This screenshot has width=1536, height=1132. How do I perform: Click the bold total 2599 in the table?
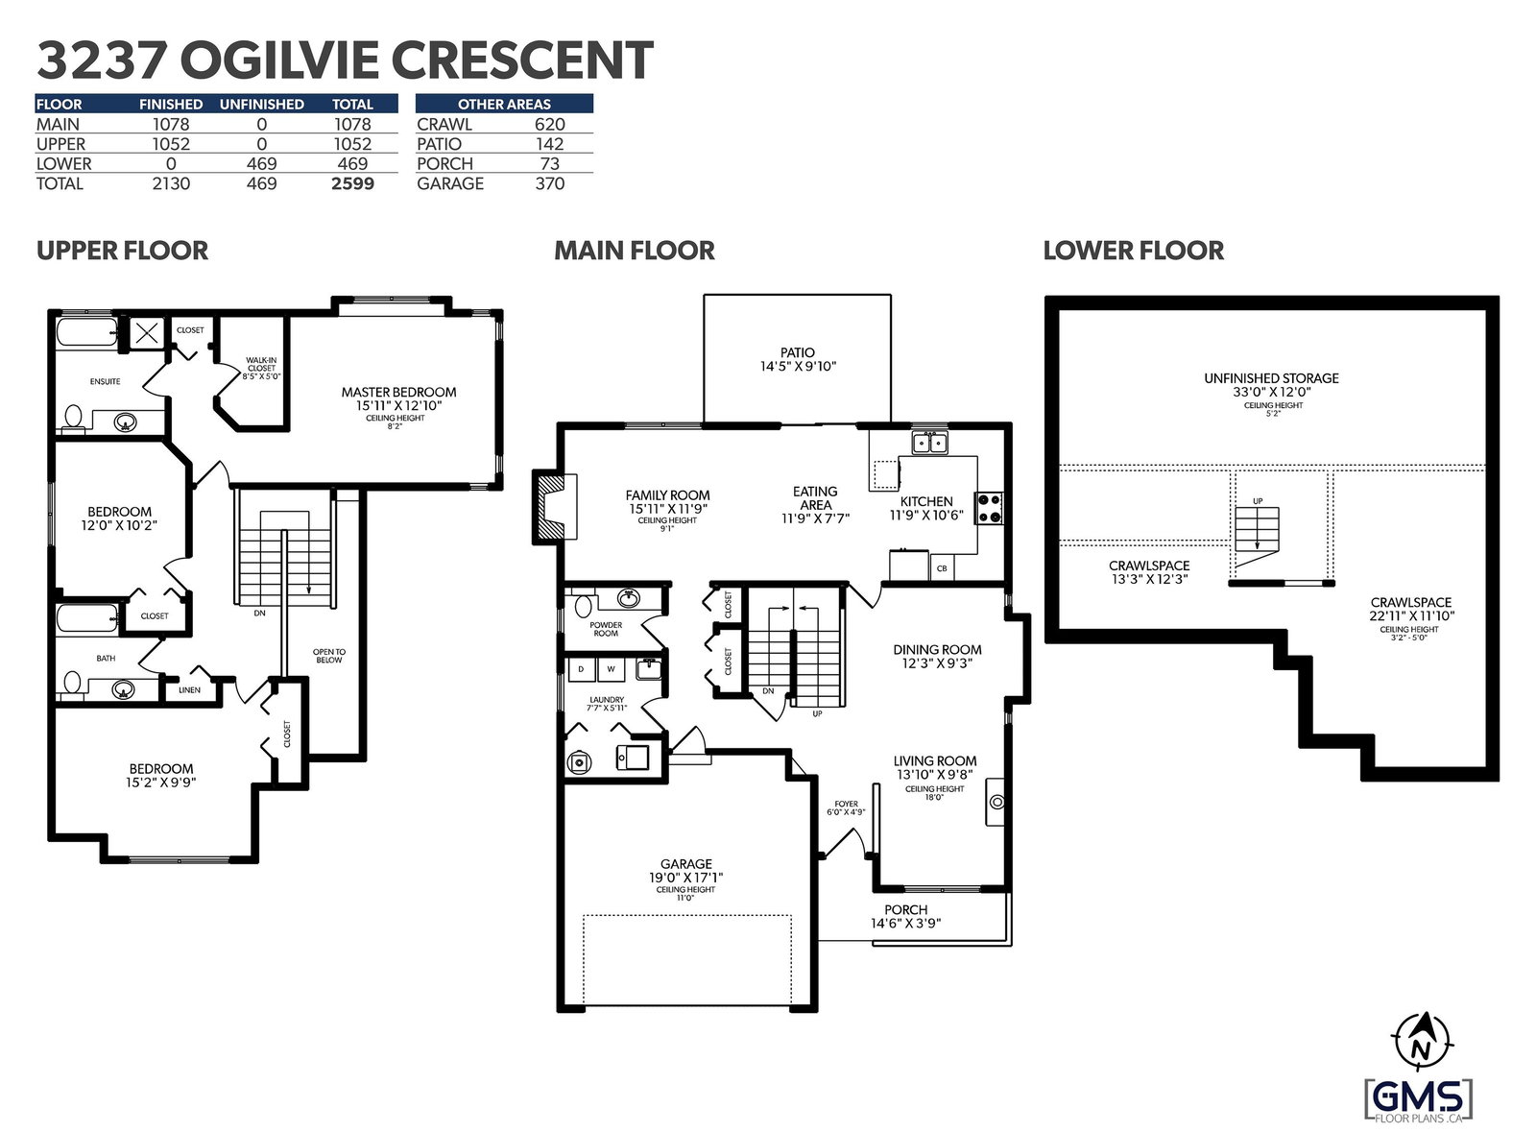point(352,183)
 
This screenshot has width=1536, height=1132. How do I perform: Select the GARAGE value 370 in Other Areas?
point(549,183)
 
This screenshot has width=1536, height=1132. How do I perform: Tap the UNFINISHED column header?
point(261,105)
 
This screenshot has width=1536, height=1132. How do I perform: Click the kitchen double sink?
point(929,443)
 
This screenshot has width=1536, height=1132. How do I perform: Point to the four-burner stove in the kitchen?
point(989,509)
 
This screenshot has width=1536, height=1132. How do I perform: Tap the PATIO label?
point(797,352)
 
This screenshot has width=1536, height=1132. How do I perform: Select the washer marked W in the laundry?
point(611,669)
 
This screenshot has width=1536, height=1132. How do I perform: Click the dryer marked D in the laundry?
point(582,669)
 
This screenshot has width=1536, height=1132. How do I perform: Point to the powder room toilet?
point(583,606)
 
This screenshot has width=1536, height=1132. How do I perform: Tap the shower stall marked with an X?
point(145,334)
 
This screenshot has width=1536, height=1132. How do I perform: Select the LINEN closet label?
point(189,689)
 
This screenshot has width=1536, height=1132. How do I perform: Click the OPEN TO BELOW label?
point(329,656)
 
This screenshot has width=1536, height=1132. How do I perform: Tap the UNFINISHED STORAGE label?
point(1271,377)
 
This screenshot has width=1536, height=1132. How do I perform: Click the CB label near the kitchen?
point(942,568)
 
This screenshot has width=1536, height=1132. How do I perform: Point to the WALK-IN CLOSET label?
point(261,364)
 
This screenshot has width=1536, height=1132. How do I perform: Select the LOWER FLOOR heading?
point(1133,251)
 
